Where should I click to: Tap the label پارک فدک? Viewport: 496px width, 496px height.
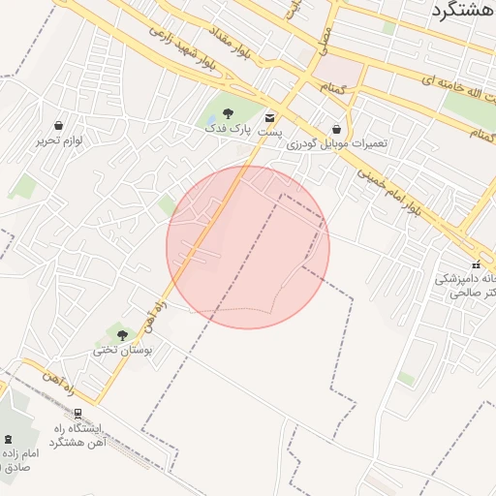click(232, 128)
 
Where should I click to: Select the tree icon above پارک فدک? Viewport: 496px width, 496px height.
click(228, 113)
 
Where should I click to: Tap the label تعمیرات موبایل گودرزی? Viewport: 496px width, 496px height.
click(336, 142)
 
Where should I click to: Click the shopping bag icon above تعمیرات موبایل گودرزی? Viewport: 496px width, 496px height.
click(336, 129)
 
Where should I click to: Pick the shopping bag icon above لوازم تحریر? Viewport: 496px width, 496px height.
click(59, 126)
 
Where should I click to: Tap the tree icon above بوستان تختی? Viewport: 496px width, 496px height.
click(120, 334)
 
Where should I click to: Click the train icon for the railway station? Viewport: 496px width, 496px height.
click(77, 414)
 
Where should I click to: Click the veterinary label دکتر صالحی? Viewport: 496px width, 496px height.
click(472, 293)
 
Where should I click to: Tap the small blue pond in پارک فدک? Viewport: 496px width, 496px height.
click(211, 123)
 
